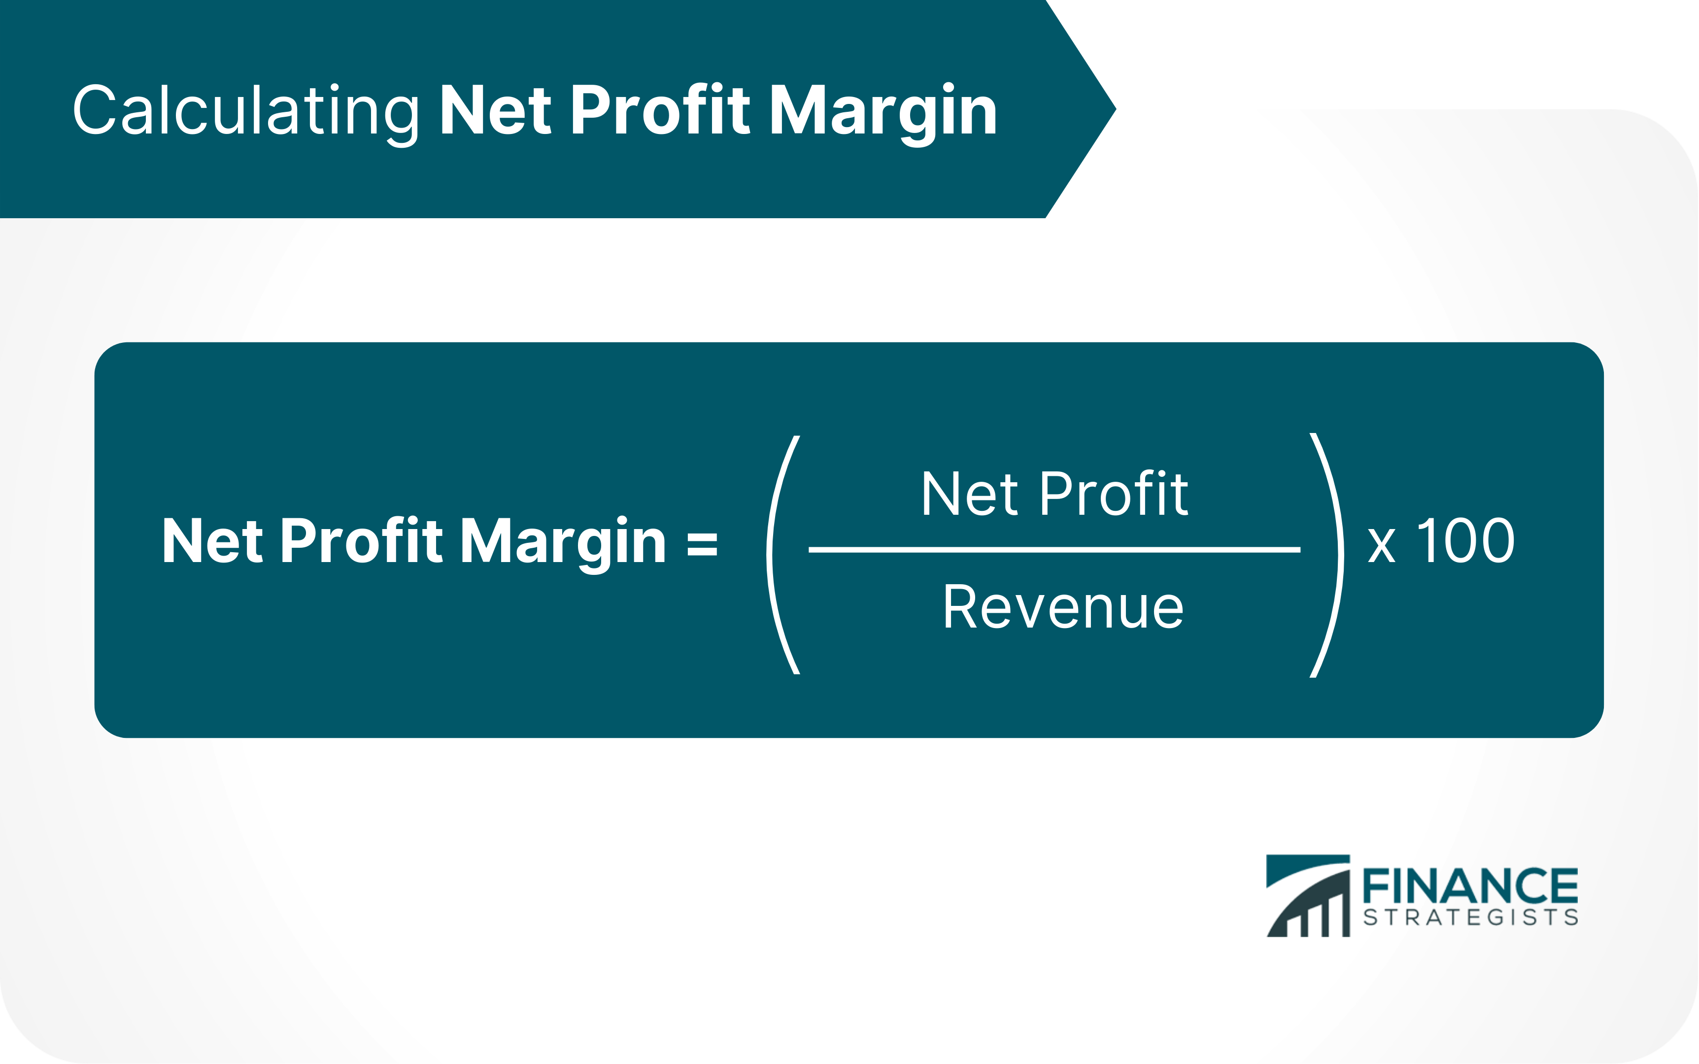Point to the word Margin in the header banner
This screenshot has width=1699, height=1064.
[883, 114]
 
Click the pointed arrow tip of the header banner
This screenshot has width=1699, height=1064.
[1116, 109]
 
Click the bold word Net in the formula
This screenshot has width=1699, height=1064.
[212, 540]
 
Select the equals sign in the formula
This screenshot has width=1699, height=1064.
[702, 544]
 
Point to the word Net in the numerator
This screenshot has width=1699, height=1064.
[970, 494]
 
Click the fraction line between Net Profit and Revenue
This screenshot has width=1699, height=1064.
[1054, 550]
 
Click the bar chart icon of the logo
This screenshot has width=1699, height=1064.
[1308, 896]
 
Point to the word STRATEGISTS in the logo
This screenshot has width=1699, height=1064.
[1470, 917]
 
